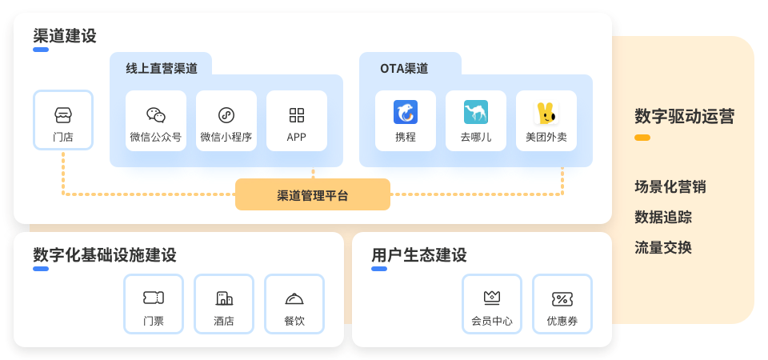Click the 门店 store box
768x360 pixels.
[x=63, y=120]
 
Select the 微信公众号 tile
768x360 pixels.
[x=156, y=121]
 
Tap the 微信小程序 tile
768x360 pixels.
[x=226, y=121]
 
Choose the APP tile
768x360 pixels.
[x=297, y=121]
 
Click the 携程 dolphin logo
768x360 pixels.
[x=406, y=113]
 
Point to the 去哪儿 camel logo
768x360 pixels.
[x=476, y=113]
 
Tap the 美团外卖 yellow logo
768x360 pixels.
[x=546, y=113]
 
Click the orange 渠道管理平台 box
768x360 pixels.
[x=313, y=194]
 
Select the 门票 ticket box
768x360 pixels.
[x=154, y=304]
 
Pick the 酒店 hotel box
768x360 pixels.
[x=224, y=304]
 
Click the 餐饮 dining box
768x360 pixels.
[x=294, y=304]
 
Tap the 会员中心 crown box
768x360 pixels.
[x=492, y=304]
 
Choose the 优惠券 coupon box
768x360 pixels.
[x=562, y=304]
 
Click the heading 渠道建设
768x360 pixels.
[x=65, y=36]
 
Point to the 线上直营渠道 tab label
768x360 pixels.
[x=162, y=69]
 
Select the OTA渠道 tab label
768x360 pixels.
[x=404, y=69]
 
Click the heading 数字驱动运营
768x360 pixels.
[x=684, y=117]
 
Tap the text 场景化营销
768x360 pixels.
[x=670, y=187]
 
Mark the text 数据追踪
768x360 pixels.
[x=663, y=218]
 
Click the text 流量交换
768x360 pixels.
[x=663, y=248]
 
